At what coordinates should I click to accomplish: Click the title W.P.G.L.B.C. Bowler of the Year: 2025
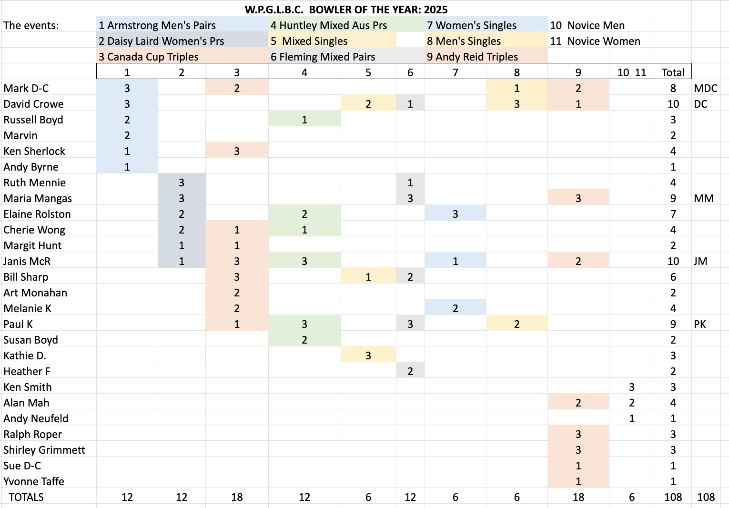coord(346,10)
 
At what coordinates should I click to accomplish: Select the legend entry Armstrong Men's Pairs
coord(157,25)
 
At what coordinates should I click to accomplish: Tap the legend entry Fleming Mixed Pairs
coord(323,57)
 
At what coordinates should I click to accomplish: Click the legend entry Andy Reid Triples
coord(472,57)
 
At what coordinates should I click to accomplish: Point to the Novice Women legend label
coord(595,41)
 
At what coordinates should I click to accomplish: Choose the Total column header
coord(673,72)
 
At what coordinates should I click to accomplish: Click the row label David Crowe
coord(33,104)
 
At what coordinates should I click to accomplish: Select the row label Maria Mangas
coord(38,198)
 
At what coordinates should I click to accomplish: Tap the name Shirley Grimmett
coord(44,450)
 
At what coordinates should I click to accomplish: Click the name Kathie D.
coord(25,356)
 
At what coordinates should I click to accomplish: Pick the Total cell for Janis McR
coord(673,261)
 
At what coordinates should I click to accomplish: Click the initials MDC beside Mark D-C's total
coord(705,88)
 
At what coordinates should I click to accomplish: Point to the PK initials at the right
coord(699,324)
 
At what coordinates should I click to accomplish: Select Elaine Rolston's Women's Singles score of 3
coord(455,214)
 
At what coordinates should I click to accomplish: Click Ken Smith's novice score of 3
coord(631,387)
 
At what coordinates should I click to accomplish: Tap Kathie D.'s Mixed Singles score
coord(368,356)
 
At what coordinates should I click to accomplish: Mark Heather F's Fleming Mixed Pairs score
coord(410,371)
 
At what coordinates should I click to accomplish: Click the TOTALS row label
coord(26,497)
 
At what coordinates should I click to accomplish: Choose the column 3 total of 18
coord(237,497)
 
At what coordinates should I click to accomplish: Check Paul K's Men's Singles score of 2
coord(516,324)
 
